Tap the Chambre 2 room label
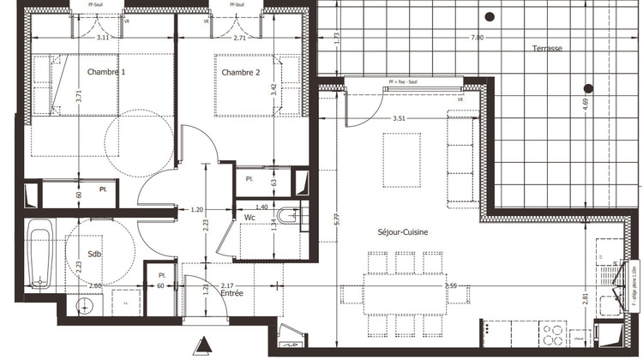click(x=242, y=72)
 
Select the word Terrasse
click(x=545, y=49)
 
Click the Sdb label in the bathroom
click(x=94, y=255)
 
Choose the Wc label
click(x=250, y=218)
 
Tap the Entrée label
click(x=231, y=294)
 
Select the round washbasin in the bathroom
click(x=84, y=305)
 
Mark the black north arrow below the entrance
click(x=203, y=346)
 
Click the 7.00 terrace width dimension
click(x=478, y=38)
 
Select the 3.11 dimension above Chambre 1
click(x=104, y=39)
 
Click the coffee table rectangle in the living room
click(x=401, y=160)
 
